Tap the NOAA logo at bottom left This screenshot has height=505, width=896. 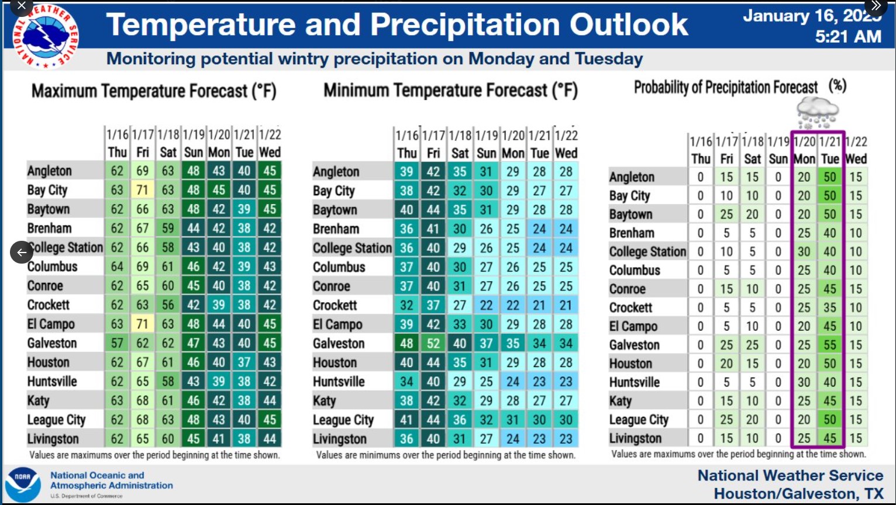22,485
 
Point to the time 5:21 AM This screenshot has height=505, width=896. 848,37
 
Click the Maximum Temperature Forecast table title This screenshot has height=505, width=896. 154,91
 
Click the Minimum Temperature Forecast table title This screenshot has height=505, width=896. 450,91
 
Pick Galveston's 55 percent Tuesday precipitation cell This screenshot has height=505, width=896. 830,345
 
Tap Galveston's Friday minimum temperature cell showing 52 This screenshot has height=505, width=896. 433,344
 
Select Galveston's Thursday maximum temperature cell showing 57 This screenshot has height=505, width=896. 117,343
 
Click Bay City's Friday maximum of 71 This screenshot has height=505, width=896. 142,190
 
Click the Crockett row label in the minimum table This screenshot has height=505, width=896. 335,305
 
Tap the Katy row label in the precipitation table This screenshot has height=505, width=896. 621,401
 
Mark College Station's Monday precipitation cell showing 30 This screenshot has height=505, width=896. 804,251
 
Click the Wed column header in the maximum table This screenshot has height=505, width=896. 270,153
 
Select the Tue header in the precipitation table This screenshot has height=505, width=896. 830,159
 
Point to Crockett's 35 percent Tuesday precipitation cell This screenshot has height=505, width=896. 830,307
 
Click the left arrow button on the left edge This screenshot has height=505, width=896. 22,252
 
